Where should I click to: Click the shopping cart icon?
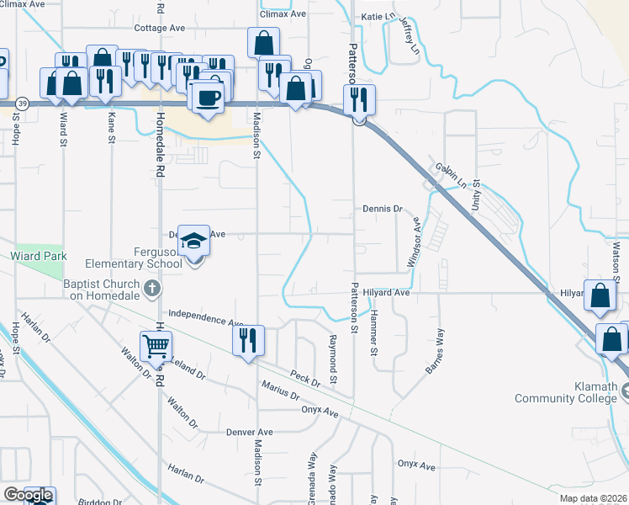156,346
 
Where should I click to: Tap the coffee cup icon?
207,96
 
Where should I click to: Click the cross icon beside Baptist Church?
152,290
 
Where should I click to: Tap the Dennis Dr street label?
383,208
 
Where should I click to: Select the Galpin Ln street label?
451,174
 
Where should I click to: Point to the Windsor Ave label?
414,242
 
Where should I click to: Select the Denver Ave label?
251,432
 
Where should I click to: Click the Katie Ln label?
378,17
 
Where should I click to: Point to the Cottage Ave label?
160,28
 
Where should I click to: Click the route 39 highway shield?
24,104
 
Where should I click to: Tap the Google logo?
28,495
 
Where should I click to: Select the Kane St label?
112,129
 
